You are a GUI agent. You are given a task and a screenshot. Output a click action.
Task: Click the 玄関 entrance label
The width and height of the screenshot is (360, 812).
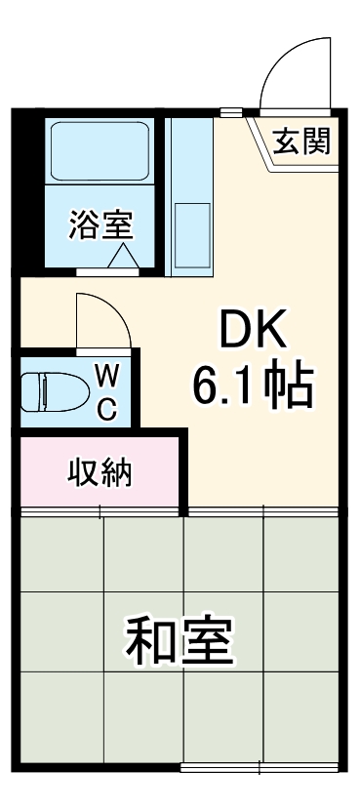click(301, 142)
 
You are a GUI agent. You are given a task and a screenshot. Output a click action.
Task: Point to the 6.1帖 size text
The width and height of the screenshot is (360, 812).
click(252, 387)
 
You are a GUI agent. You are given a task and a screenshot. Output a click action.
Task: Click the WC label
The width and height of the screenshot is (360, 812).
click(107, 391)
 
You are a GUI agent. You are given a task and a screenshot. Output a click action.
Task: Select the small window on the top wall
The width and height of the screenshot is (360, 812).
click(231, 110)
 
